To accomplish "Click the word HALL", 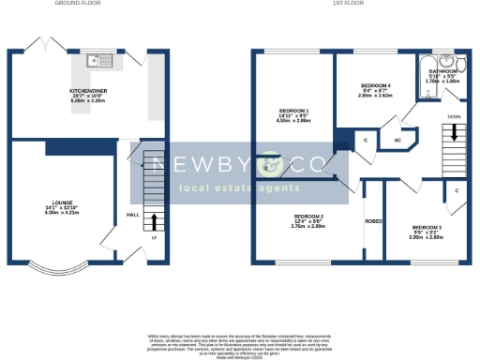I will (133, 214).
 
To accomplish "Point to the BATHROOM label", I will (442, 72).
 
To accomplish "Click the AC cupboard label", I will (397, 141).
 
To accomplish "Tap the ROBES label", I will (373, 221).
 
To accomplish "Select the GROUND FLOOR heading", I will (79, 4).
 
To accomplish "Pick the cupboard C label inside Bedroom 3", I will (456, 190).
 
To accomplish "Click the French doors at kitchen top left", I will (37, 45).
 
